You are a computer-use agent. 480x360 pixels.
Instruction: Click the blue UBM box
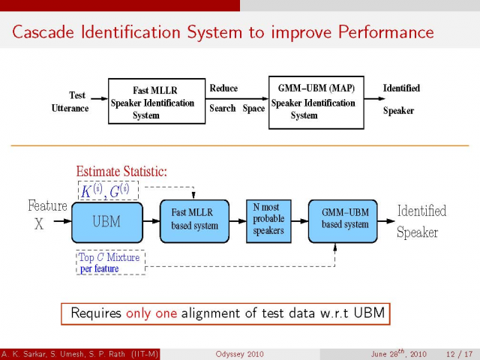[x=106, y=220]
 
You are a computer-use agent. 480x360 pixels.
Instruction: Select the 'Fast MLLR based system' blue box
[x=194, y=220]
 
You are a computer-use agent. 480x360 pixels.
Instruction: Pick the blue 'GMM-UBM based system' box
[x=345, y=220]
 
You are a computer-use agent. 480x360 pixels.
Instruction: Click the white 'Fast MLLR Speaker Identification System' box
[x=157, y=102]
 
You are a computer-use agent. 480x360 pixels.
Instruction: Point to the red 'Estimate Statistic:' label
[x=121, y=172]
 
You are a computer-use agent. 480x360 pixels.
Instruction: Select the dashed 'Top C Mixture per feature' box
[x=110, y=262]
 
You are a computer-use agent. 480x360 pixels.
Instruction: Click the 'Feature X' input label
[x=47, y=214]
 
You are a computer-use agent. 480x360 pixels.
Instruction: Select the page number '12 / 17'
[x=457, y=353]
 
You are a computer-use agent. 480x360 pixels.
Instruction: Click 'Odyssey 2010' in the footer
[x=239, y=353]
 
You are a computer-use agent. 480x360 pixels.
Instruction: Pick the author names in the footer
[x=80, y=353]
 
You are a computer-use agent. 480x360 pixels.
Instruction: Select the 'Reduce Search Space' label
[x=236, y=98]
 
